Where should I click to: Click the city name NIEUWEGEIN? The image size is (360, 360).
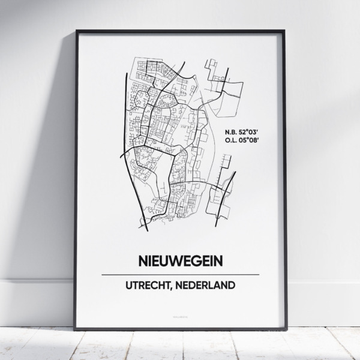(x=181, y=262)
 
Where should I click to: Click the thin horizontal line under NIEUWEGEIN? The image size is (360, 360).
(x=181, y=274)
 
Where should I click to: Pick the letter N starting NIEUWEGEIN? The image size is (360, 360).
(x=143, y=262)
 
